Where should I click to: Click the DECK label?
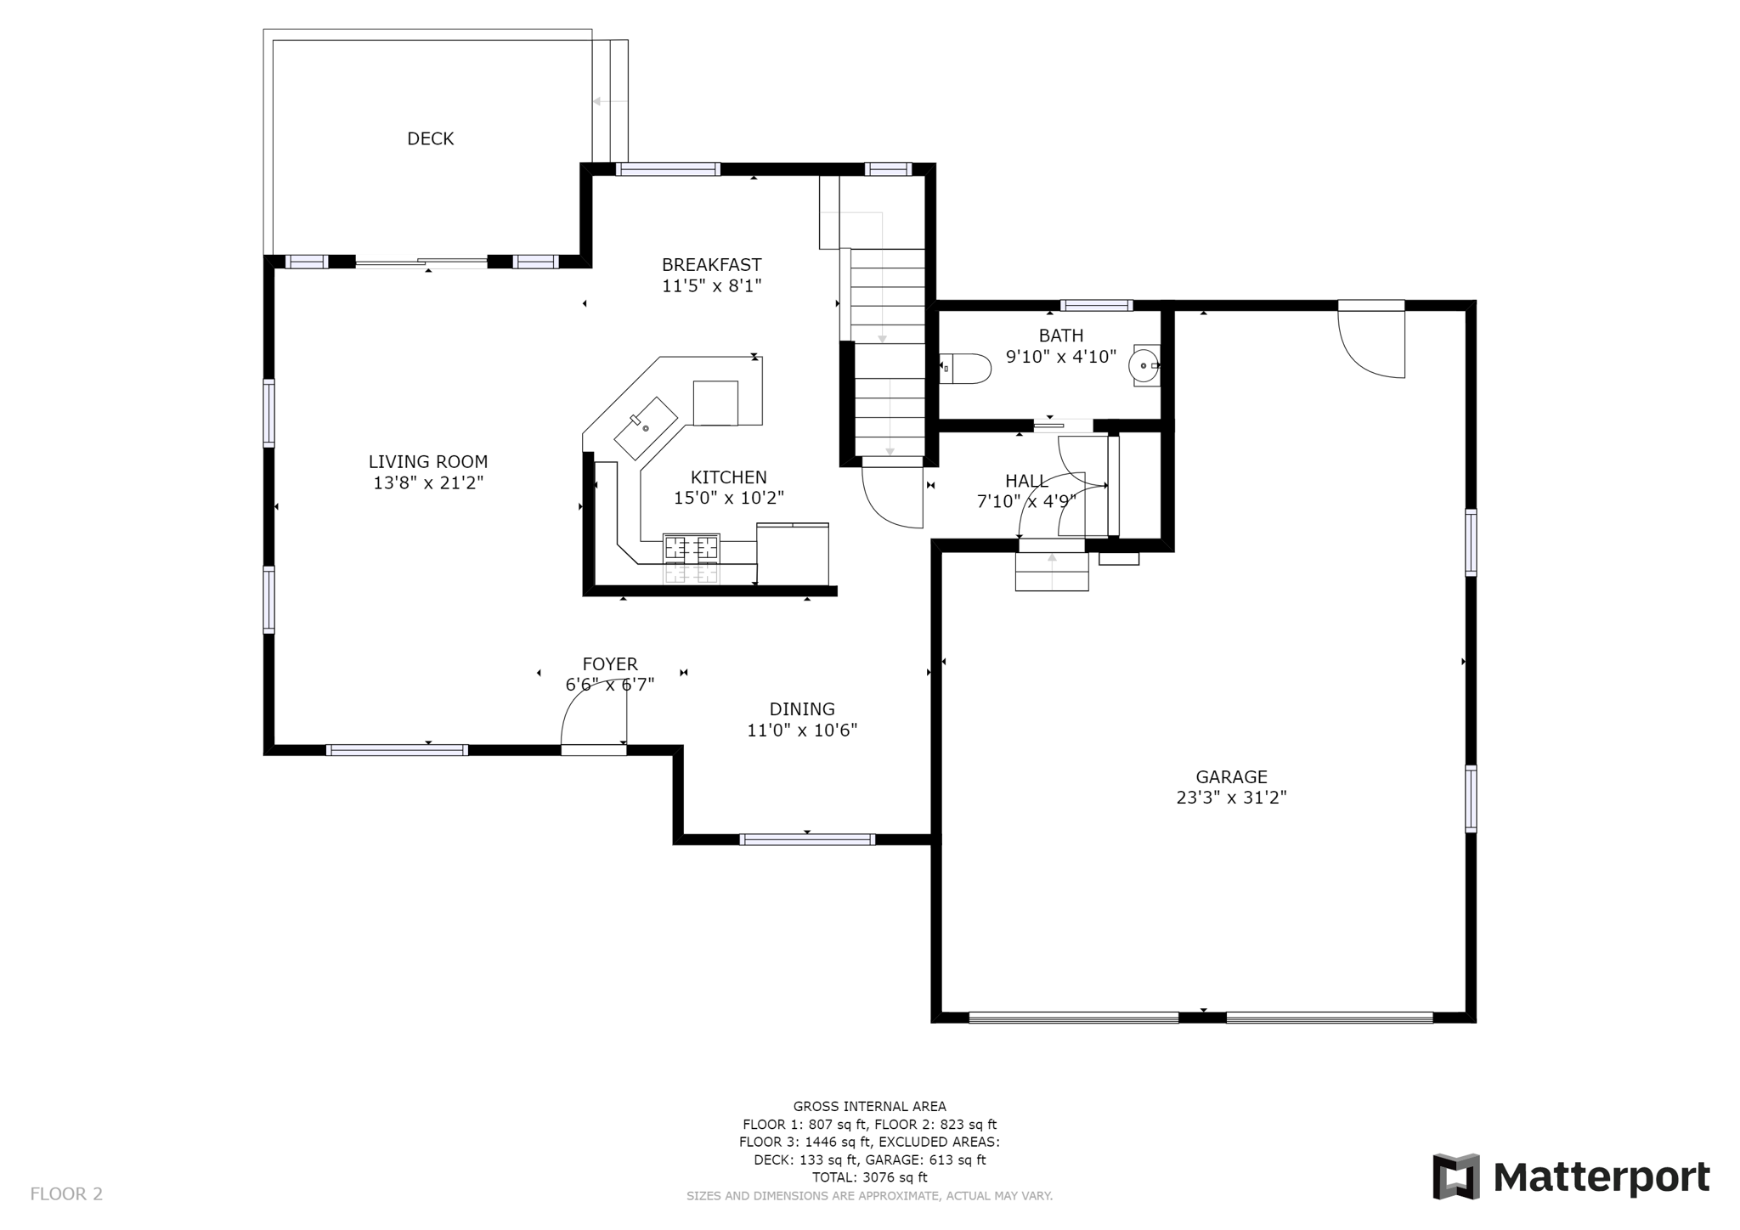coord(430,138)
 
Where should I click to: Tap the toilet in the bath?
coord(969,369)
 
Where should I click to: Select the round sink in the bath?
coord(1144,366)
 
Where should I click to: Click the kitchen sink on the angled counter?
coord(646,427)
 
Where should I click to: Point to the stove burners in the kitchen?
coord(691,548)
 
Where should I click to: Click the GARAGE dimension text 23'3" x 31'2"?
coord(1231,798)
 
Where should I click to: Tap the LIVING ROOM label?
coord(427,462)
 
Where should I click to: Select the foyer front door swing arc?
coord(586,705)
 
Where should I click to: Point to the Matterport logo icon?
coord(1456,1176)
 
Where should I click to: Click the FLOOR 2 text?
coord(66,1193)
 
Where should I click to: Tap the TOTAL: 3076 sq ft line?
coord(869,1177)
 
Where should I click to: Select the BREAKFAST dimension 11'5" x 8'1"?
coord(711,286)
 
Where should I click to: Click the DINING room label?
coord(802,709)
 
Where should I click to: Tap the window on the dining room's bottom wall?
coord(807,839)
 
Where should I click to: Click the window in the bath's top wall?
coord(1096,306)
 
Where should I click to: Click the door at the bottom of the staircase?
coord(892,497)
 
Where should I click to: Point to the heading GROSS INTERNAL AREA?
coord(869,1106)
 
